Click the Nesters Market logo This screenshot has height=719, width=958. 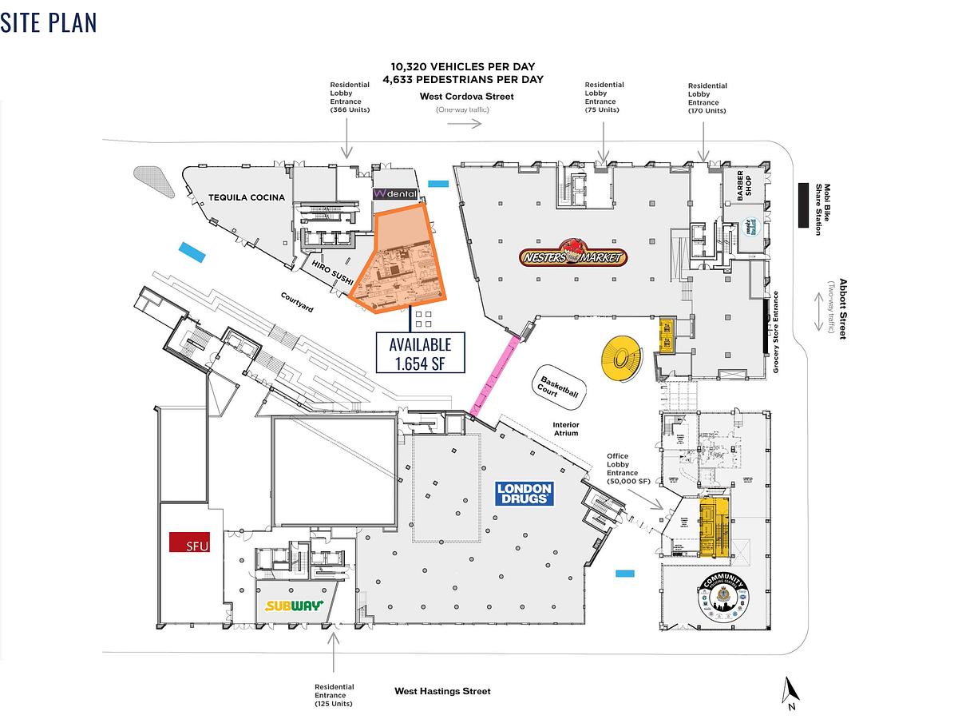click(x=572, y=256)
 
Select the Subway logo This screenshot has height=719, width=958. click(x=294, y=606)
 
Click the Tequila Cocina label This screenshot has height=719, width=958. click(x=246, y=197)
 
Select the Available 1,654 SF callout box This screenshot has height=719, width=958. click(x=420, y=352)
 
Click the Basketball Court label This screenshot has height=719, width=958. click(x=558, y=388)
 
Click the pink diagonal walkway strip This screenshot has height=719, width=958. click(x=493, y=375)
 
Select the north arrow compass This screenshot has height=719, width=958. click(x=790, y=692)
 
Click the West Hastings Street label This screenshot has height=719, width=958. click(x=442, y=691)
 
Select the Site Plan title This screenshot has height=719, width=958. click(x=49, y=22)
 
